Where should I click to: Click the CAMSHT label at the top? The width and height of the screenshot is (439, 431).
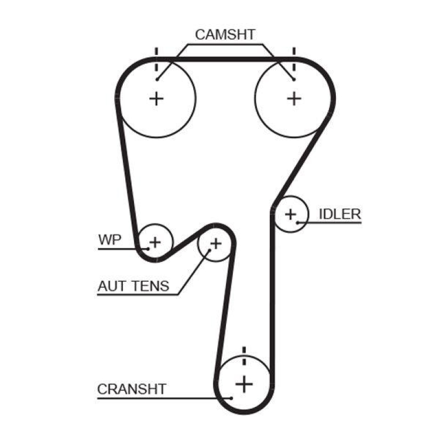225,35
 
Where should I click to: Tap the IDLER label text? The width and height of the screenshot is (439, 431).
340,214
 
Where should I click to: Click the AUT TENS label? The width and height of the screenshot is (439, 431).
133,286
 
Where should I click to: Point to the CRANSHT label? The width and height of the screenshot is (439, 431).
132,389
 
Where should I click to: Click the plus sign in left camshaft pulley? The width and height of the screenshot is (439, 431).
157,98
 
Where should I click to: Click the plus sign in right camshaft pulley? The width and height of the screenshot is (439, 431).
295,98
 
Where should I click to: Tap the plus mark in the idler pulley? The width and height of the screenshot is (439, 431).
290,214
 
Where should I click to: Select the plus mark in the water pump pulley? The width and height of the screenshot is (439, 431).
155,241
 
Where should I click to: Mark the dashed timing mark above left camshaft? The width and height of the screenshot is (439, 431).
157,60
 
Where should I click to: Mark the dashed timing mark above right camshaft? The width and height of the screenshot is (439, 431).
295,60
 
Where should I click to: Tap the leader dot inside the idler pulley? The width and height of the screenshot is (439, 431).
297,222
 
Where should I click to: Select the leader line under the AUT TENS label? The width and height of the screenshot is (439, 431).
137,295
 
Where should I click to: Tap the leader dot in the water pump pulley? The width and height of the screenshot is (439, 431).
146,248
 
